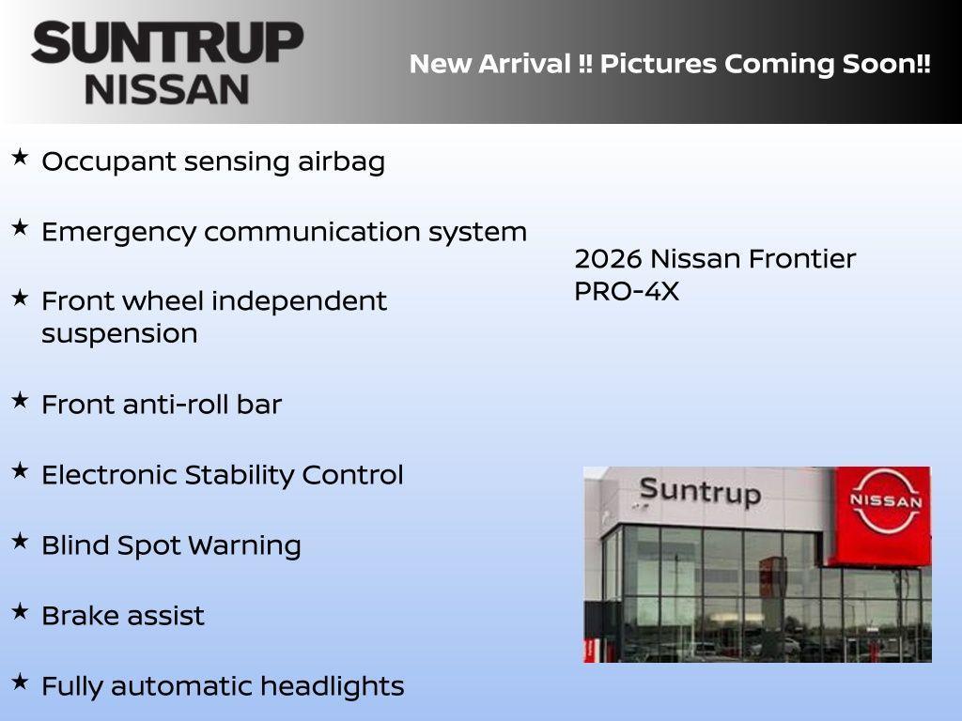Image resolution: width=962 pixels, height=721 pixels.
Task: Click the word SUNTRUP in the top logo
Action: tap(167, 43)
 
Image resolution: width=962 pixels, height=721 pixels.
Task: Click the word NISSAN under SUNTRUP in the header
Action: tap(167, 89)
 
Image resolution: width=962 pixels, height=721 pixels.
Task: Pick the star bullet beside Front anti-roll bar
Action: tap(20, 400)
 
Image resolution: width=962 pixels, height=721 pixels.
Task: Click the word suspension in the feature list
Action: tap(119, 334)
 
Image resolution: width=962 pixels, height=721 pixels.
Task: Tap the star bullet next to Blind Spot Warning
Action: tap(20, 541)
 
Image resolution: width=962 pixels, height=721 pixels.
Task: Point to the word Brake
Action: tap(73, 616)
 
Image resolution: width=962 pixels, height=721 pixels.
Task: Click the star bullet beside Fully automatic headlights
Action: tap(20, 682)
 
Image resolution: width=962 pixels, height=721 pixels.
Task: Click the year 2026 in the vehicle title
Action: tap(607, 259)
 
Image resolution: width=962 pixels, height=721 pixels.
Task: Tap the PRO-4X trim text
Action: tap(626, 292)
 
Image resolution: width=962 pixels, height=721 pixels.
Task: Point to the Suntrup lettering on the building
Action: tap(699, 491)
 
